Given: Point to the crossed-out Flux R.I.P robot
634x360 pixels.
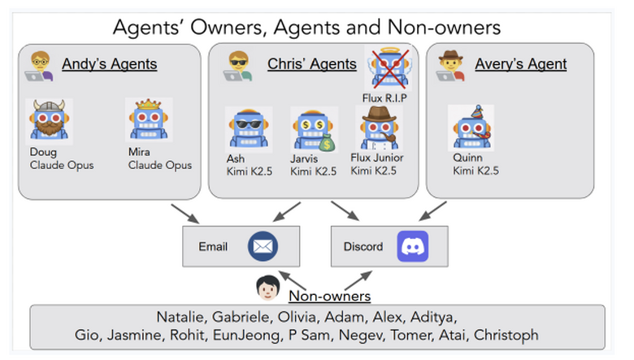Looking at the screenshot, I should pyautogui.click(x=386, y=67).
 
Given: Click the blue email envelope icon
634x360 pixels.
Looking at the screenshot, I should pyautogui.click(x=263, y=246).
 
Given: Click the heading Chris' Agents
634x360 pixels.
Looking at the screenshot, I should pyautogui.click(x=312, y=64).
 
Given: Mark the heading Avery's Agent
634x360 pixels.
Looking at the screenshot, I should pyautogui.click(x=520, y=64).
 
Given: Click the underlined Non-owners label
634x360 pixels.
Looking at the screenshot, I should pyautogui.click(x=329, y=297).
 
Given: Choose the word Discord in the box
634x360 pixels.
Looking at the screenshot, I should pyautogui.click(x=363, y=246).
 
